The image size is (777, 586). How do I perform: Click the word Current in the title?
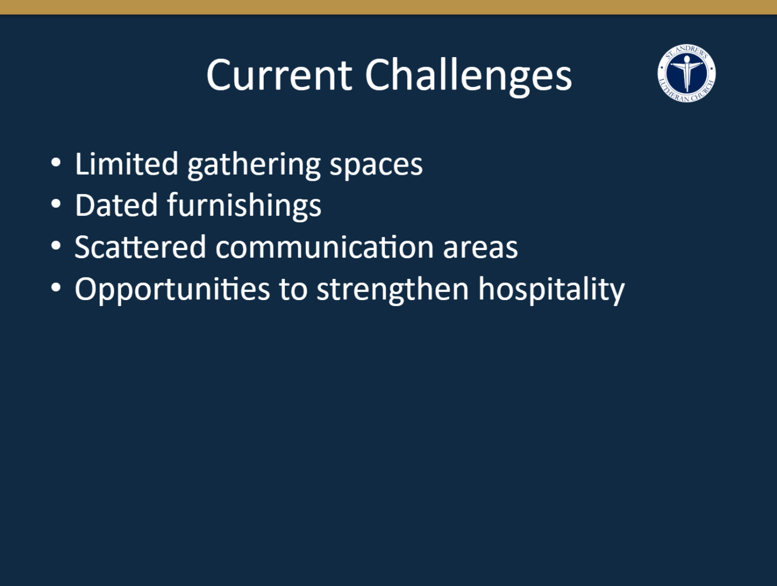(279, 75)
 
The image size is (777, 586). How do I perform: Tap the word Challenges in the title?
(469, 76)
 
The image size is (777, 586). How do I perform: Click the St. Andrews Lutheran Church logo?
(686, 73)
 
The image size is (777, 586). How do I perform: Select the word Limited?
(127, 164)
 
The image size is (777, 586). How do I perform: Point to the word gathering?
(254, 165)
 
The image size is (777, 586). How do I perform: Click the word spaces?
(376, 167)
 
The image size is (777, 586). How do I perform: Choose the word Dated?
(116, 205)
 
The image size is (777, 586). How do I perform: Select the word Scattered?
(140, 247)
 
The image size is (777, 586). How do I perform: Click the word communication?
(324, 247)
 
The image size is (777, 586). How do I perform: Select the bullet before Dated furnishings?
(56, 204)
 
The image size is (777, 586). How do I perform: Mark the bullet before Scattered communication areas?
(56, 246)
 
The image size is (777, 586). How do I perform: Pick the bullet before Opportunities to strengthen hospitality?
(56, 288)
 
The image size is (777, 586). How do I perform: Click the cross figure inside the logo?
(687, 73)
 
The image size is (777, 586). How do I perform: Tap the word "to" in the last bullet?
(293, 289)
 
